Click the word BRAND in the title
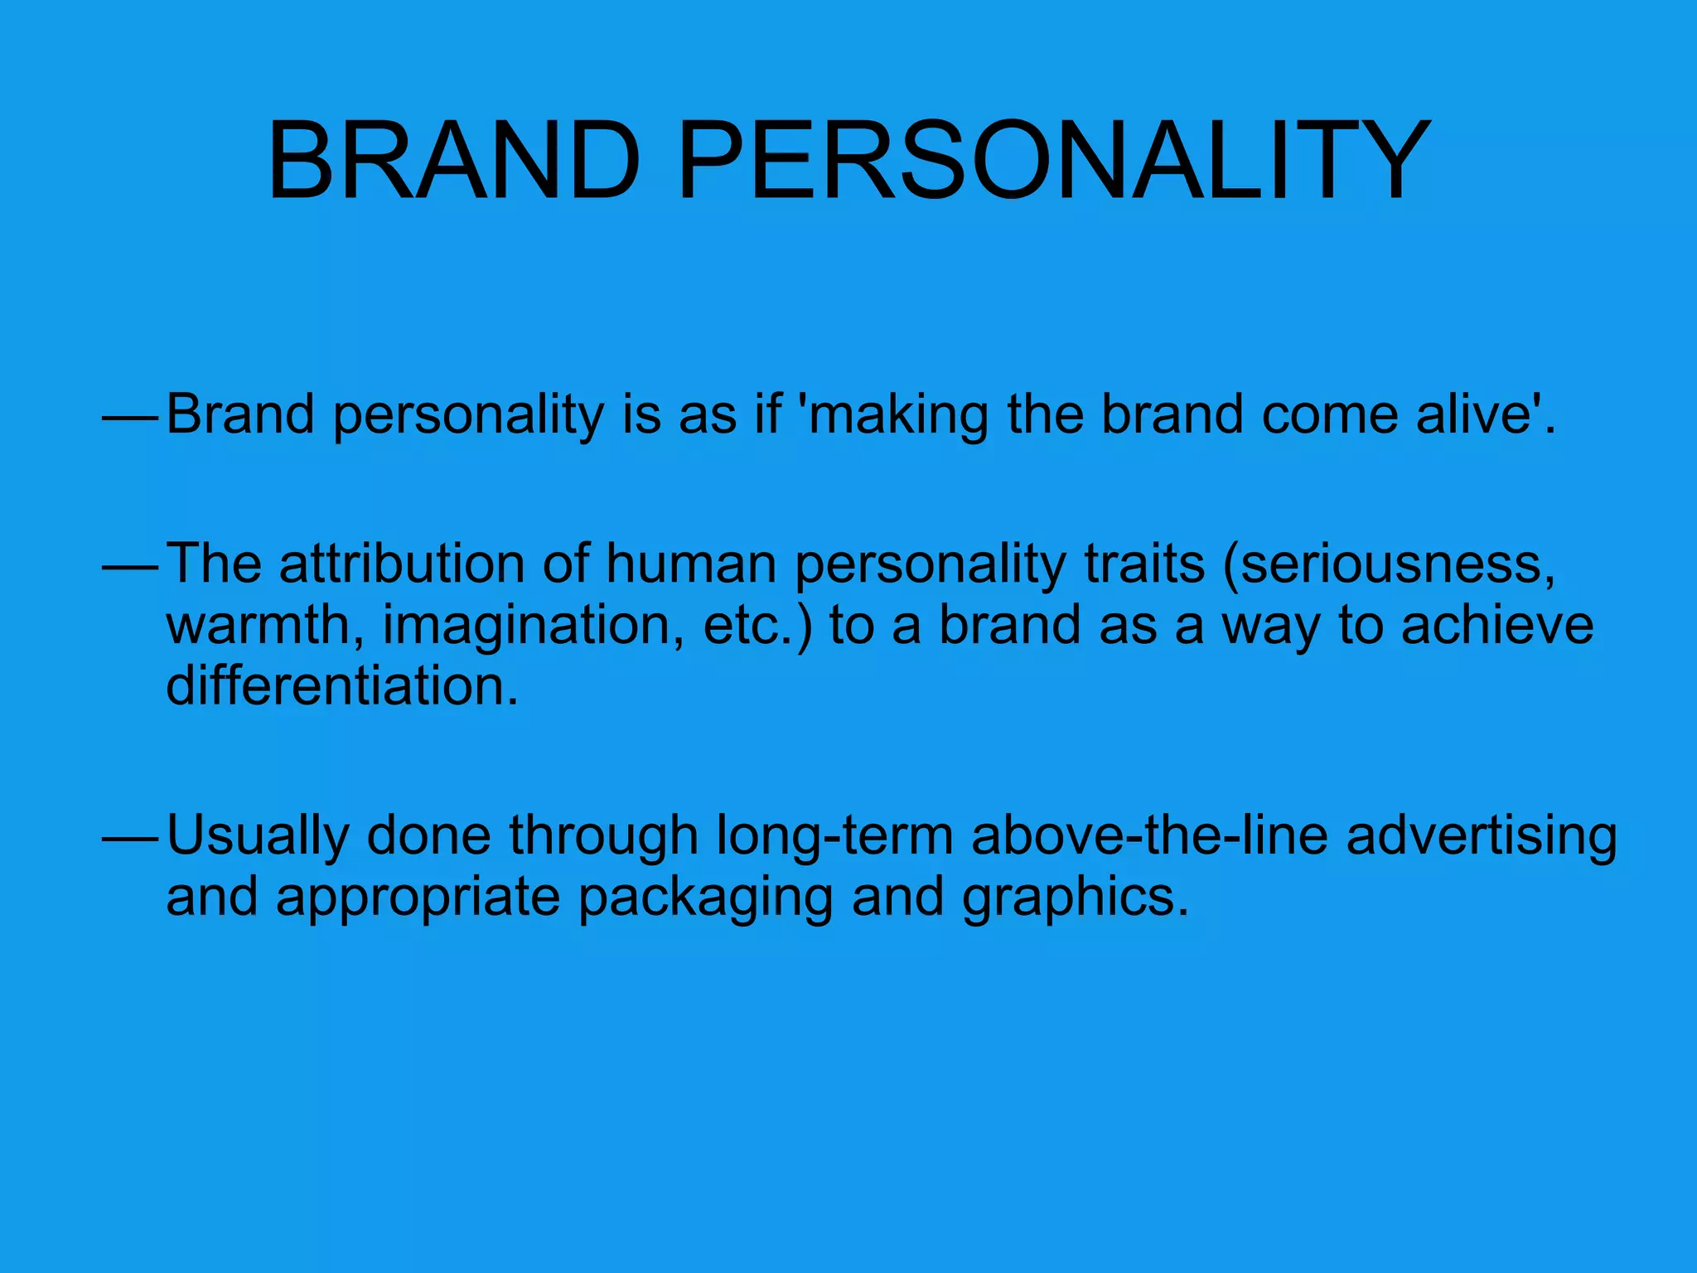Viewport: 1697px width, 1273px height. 454,162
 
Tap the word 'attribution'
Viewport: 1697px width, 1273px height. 401,564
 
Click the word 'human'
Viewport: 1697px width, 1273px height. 690,564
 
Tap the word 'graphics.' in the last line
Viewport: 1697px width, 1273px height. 1074,898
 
